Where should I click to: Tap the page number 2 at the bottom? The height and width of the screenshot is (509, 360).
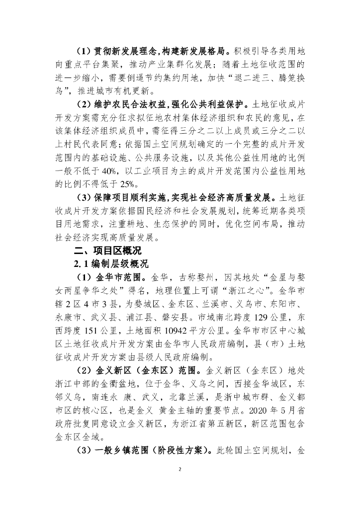180,469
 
